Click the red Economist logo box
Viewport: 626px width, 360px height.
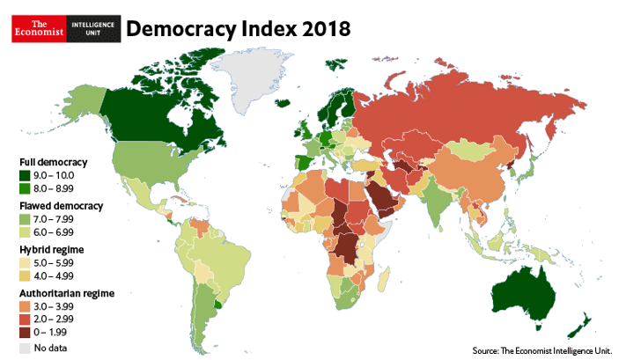click(x=37, y=28)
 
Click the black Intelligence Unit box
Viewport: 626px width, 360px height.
click(x=92, y=28)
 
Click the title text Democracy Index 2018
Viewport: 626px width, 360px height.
click(x=239, y=28)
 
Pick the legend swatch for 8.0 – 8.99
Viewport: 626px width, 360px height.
click(x=25, y=188)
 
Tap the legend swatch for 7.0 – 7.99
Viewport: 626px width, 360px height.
click(x=25, y=218)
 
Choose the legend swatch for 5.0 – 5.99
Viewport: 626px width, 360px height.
click(x=25, y=262)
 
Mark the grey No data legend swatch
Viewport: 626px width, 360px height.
click(x=25, y=348)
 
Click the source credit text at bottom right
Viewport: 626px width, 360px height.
click(x=541, y=349)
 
